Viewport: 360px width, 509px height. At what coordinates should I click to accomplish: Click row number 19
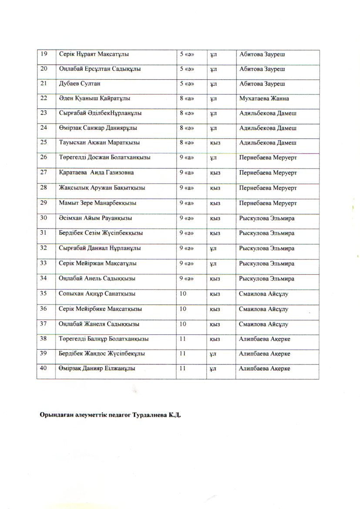pos(44,54)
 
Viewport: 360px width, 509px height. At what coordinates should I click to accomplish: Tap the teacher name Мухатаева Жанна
pos(264,99)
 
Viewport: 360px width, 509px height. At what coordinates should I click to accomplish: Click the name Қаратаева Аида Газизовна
pos(96,173)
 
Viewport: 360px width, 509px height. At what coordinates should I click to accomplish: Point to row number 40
pos(44,369)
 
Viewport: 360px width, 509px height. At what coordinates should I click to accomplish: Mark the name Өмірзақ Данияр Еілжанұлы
pos(97,369)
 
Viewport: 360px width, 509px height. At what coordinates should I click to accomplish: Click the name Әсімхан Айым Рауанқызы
pos(96,218)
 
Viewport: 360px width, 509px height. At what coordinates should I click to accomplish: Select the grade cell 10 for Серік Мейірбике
pos(183,309)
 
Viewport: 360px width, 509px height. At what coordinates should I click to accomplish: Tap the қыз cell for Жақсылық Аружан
pos(215,188)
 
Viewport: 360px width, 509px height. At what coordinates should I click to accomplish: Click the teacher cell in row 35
pos(264,294)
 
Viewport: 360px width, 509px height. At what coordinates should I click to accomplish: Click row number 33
pos(44,263)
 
